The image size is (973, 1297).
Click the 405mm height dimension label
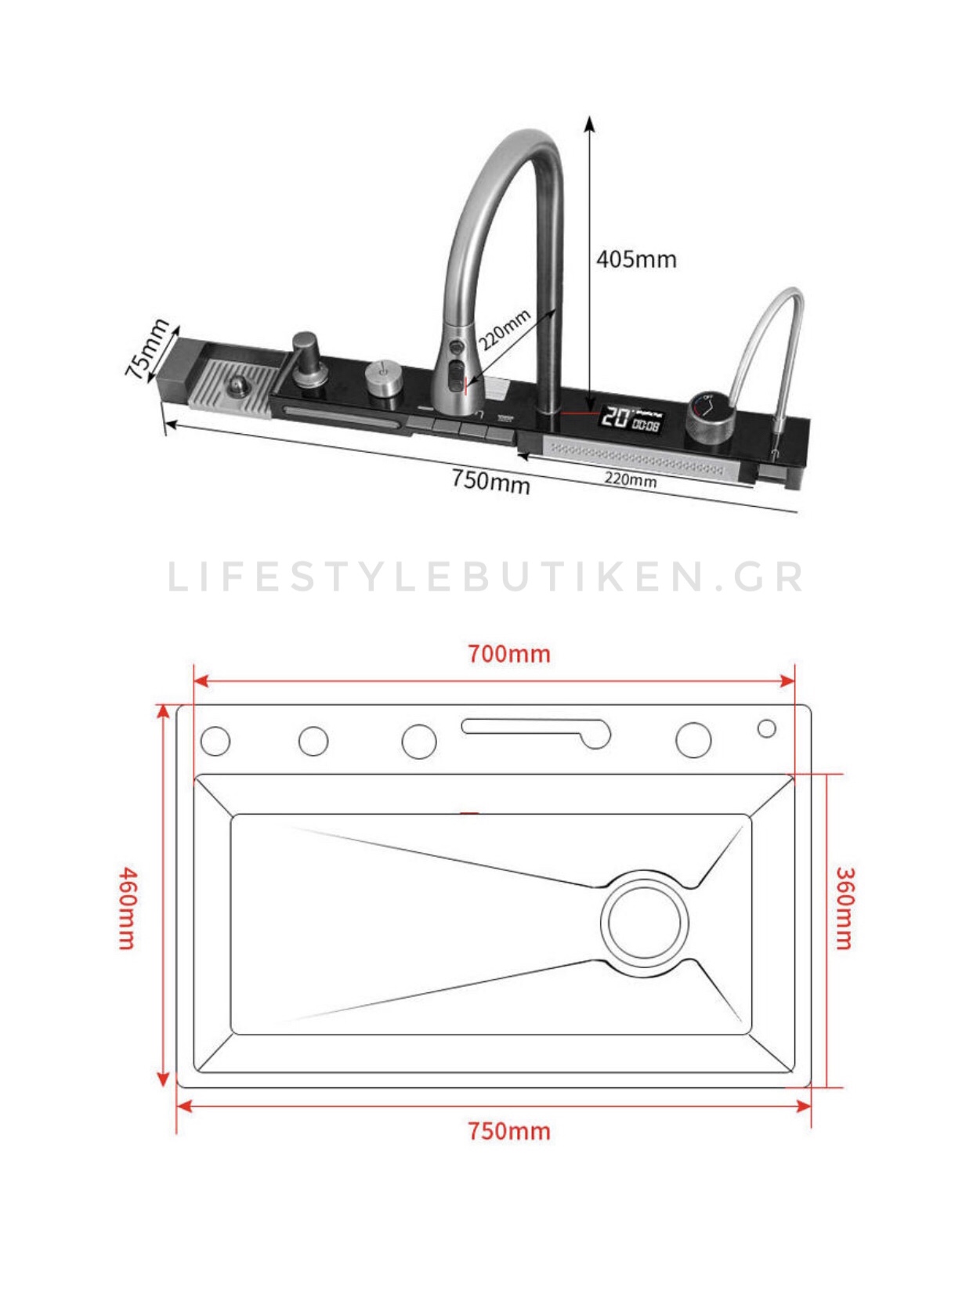636,259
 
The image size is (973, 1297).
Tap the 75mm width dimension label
148,349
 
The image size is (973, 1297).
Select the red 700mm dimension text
509,654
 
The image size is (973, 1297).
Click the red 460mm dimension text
127,908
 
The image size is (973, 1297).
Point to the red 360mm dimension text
844,908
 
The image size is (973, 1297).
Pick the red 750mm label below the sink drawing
509,1131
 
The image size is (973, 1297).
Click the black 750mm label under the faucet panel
491,480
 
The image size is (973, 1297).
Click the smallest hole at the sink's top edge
767,729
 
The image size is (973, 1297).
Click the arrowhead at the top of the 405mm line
590,122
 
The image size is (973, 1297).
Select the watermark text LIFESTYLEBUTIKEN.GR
486,577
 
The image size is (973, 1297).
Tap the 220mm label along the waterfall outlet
630,479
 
